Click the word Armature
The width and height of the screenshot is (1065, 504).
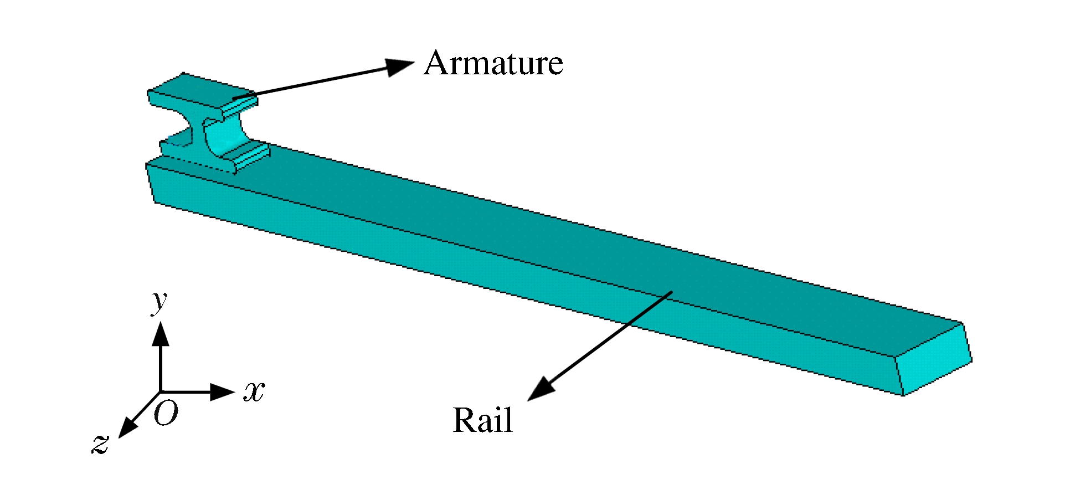point(493,63)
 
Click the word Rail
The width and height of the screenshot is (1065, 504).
point(482,420)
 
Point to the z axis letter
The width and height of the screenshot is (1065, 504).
point(100,444)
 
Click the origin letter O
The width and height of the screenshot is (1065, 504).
point(166,414)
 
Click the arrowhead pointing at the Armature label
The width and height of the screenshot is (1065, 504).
point(400,67)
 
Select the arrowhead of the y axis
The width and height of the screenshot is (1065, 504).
point(161,334)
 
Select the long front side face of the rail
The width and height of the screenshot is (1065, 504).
point(498,277)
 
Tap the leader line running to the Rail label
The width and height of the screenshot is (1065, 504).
point(609,338)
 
